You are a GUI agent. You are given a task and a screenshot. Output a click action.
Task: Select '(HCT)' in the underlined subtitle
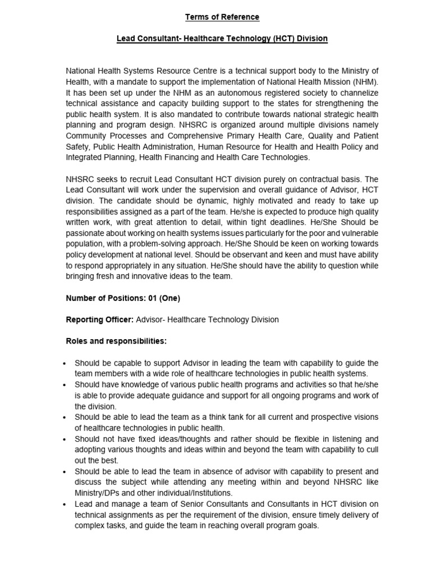276,39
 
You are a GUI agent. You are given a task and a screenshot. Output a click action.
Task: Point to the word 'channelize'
359,92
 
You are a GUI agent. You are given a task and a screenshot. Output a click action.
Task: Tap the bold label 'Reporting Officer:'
100,320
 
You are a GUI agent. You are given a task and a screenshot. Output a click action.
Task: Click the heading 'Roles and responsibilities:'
116,341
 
